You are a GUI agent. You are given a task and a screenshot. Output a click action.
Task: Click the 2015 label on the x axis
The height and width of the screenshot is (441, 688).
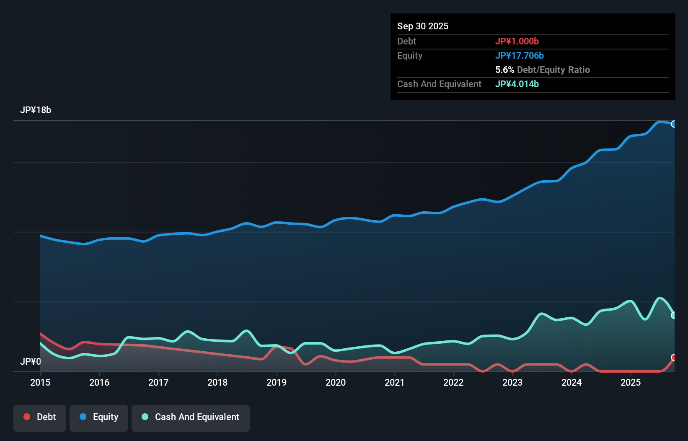click(x=40, y=382)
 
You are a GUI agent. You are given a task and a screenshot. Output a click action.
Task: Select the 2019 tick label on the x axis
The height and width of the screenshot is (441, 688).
click(x=277, y=382)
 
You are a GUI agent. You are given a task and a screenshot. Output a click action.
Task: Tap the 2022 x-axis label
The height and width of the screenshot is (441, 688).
click(x=453, y=382)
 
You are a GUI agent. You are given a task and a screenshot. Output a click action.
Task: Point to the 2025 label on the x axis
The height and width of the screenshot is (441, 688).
click(x=631, y=382)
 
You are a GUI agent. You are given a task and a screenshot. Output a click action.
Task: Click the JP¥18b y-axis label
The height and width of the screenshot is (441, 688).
click(x=36, y=110)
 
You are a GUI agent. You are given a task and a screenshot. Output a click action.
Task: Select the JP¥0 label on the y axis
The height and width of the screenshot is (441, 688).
click(x=31, y=361)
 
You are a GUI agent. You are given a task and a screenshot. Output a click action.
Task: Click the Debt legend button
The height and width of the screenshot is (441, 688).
click(x=40, y=417)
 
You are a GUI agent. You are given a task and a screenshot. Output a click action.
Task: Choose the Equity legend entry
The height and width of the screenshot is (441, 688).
click(x=99, y=417)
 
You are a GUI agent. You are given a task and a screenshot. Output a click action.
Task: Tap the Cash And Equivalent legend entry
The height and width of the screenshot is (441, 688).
click(x=191, y=417)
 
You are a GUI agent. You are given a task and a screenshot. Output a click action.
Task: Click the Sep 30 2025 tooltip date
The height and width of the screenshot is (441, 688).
click(x=423, y=26)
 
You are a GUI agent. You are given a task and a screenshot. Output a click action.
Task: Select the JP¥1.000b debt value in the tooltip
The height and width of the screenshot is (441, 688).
click(x=517, y=41)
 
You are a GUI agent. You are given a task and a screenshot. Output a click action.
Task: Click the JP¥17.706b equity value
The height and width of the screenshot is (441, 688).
click(x=520, y=55)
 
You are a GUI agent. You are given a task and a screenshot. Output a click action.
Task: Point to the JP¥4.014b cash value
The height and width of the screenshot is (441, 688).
click(x=517, y=84)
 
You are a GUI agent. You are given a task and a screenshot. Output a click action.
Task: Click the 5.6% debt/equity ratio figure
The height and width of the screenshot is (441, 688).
click(x=504, y=70)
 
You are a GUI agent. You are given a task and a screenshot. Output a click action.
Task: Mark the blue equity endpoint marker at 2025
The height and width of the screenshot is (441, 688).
click(x=674, y=124)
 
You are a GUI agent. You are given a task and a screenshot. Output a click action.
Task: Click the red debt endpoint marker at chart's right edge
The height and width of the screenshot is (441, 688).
click(x=674, y=357)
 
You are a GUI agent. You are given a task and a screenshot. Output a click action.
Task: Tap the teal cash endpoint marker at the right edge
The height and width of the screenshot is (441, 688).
click(x=674, y=315)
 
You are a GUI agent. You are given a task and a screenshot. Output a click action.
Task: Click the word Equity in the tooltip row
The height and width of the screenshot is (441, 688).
click(x=410, y=55)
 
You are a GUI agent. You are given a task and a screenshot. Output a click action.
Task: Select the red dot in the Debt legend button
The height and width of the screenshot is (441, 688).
click(x=27, y=417)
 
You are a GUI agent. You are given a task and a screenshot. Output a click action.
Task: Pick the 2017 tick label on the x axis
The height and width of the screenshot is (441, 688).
click(x=158, y=382)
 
